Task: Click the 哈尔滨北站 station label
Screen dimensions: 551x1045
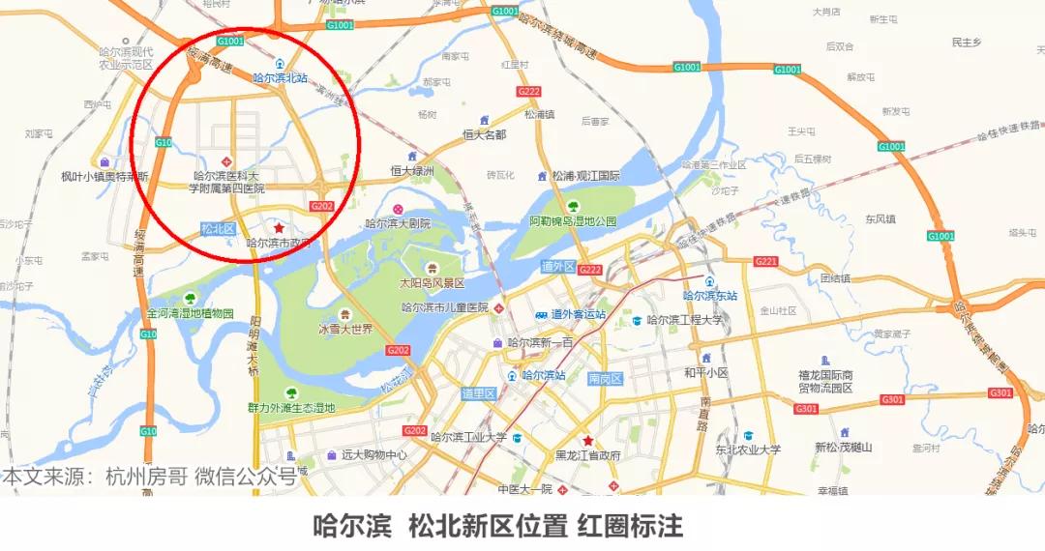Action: coord(280,77)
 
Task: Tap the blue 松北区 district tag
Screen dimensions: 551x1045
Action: coord(219,229)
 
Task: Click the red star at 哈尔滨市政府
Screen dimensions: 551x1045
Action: coord(280,228)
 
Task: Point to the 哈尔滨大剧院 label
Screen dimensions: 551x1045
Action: coord(398,223)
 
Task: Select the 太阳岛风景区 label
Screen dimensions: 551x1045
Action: coord(433,283)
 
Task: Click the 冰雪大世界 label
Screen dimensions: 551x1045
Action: coord(345,329)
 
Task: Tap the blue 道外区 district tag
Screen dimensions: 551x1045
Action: coord(558,266)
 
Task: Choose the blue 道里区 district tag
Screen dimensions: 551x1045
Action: coord(478,393)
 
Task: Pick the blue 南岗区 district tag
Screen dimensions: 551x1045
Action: coord(607,380)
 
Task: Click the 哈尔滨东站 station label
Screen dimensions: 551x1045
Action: coord(710,296)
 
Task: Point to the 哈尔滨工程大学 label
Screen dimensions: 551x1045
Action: coord(685,320)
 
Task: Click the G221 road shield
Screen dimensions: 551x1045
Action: coord(765,262)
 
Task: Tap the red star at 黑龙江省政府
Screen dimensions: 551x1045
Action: coord(587,441)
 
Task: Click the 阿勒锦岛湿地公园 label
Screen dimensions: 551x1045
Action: coord(573,220)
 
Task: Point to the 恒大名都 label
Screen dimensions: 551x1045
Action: coord(484,134)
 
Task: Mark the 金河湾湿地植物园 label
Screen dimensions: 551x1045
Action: coord(191,313)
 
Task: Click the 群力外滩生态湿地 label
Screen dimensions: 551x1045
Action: coord(291,408)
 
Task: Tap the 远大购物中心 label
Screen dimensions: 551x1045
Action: coord(373,454)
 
